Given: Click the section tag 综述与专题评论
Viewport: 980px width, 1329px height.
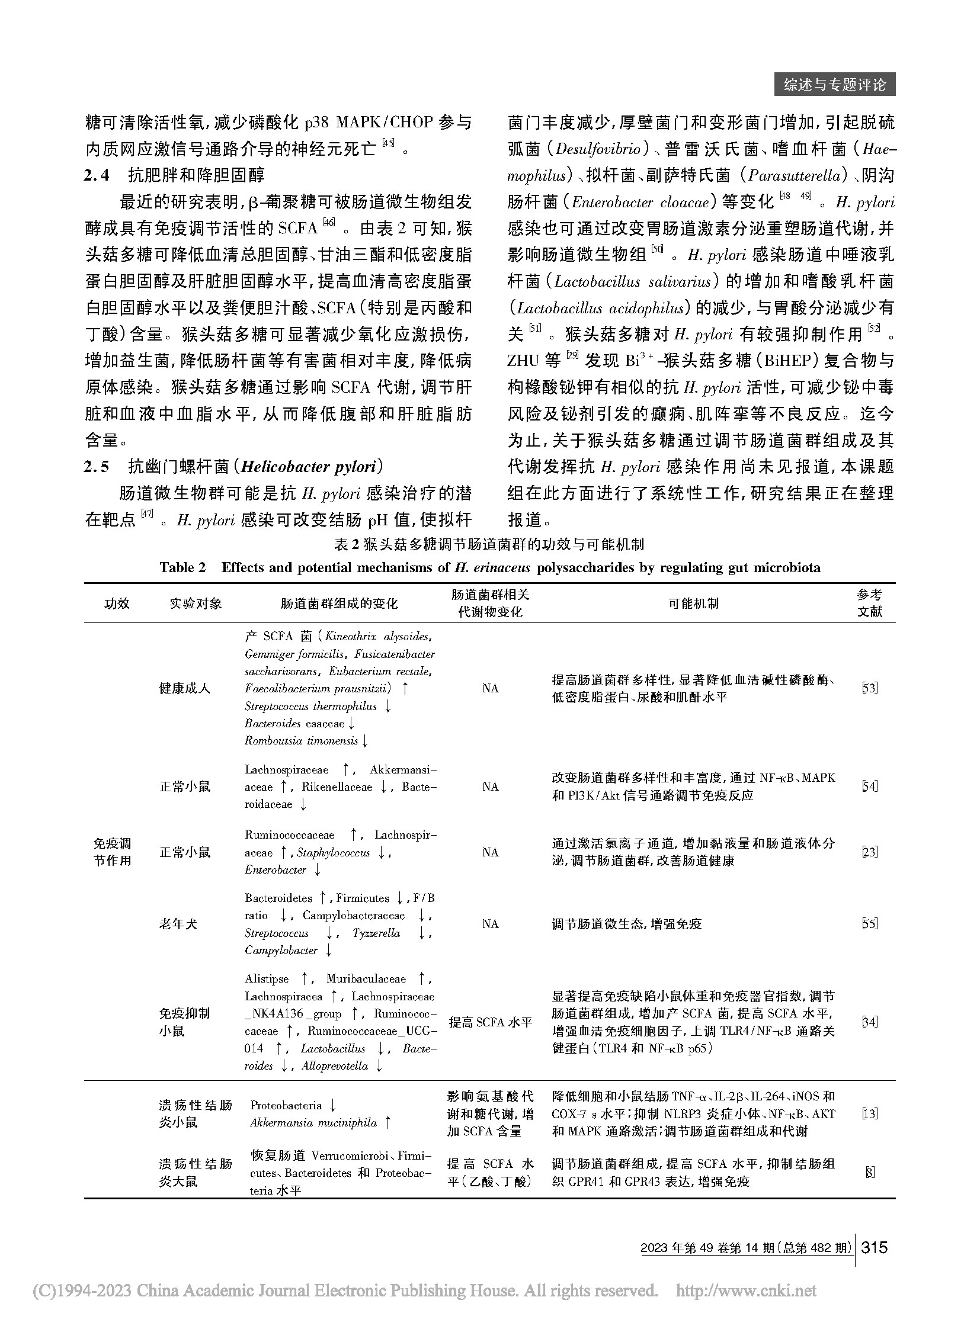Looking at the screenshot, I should pyautogui.click(x=834, y=85).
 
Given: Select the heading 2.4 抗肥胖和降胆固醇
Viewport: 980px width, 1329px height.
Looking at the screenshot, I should pyautogui.click(x=174, y=175).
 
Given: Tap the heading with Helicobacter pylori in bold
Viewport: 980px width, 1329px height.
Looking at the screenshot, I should pyautogui.click(x=235, y=467).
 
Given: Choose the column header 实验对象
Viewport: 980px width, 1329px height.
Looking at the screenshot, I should pyautogui.click(x=195, y=603).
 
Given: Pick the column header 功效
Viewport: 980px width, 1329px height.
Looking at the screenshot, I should pyautogui.click(x=116, y=603).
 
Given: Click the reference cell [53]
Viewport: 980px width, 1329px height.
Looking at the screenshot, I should pyautogui.click(x=869, y=688).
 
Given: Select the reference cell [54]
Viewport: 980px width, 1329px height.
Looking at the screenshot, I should pyautogui.click(x=869, y=787).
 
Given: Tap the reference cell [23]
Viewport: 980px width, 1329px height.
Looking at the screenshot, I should pyautogui.click(x=869, y=852).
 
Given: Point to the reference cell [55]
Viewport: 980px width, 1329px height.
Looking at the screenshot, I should pyautogui.click(x=869, y=924).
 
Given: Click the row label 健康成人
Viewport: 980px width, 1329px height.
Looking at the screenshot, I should pyautogui.click(x=184, y=688).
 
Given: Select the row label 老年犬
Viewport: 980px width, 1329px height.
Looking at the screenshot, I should pyautogui.click(x=178, y=924).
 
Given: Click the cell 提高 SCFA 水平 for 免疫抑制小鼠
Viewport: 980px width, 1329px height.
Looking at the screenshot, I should pyautogui.click(x=490, y=1022).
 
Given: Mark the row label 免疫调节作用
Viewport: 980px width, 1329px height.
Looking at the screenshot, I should pyautogui.click(x=113, y=852).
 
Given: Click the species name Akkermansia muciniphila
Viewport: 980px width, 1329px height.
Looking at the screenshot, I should pyautogui.click(x=313, y=1123).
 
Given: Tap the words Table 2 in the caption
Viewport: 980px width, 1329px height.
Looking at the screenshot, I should pyautogui.click(x=182, y=567).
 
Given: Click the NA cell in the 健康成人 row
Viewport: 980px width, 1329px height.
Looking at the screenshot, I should pyautogui.click(x=490, y=688).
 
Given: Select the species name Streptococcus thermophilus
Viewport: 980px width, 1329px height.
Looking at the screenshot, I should pyautogui.click(x=310, y=706).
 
